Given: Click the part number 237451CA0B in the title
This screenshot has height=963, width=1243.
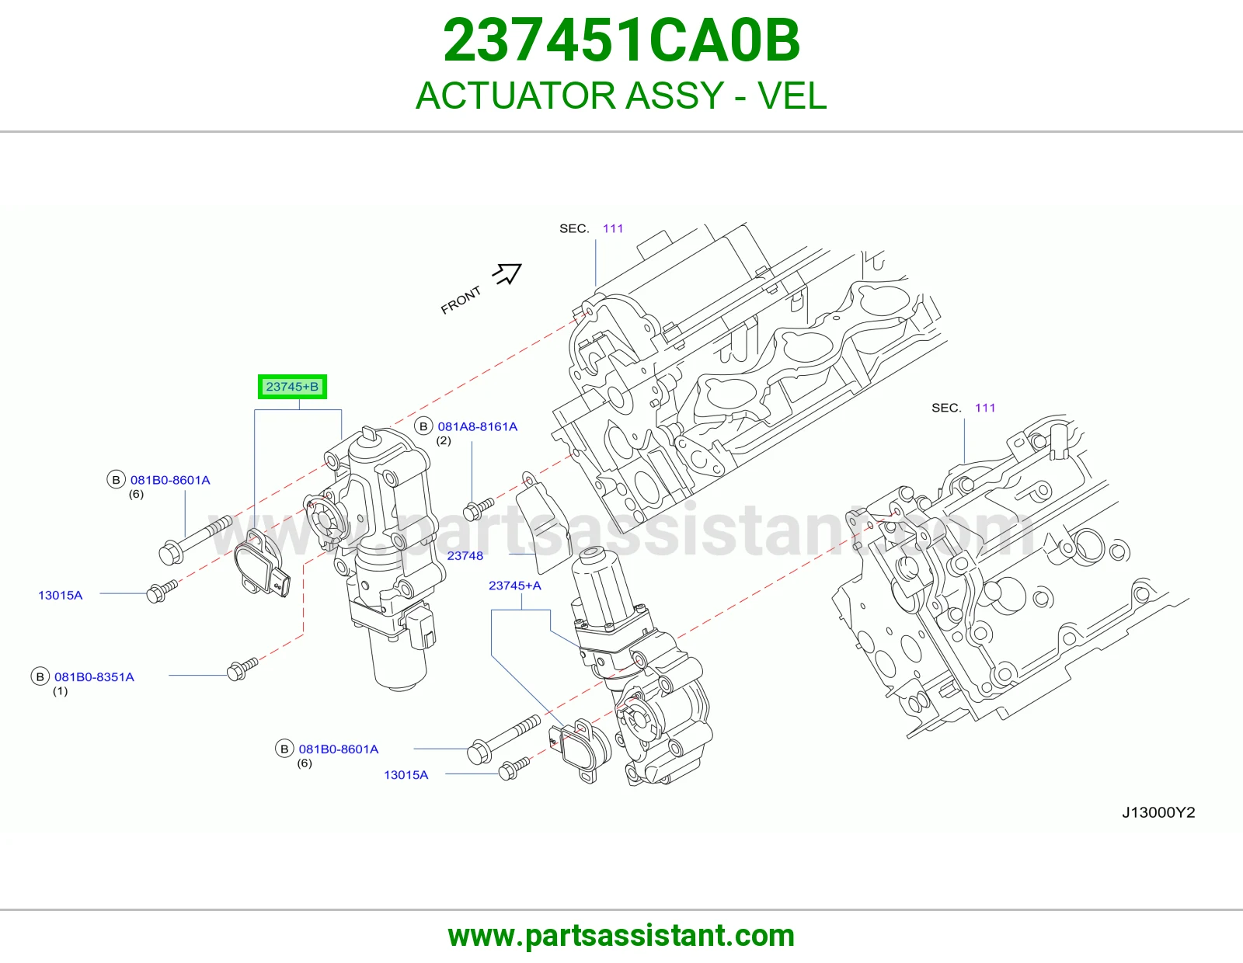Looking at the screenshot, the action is [621, 41].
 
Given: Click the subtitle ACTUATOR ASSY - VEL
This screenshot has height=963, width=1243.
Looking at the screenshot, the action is [621, 96].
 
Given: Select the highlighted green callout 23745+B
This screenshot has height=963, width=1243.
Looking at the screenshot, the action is [292, 388].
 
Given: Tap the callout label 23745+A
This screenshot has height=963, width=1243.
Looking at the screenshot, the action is [515, 586].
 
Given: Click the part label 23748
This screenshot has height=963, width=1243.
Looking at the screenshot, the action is [465, 556].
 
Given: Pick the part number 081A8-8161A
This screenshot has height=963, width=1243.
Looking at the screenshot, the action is [478, 426].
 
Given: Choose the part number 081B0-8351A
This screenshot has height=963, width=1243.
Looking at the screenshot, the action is [94, 677].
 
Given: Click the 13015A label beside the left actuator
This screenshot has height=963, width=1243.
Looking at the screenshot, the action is [60, 596].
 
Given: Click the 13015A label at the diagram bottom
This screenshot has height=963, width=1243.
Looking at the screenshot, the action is [406, 775].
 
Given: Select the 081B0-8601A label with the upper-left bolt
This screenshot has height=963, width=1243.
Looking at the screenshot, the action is [170, 481].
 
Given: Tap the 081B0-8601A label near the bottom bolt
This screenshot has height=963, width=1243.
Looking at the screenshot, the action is [339, 749].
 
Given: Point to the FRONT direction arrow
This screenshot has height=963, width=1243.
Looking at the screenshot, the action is [507, 274].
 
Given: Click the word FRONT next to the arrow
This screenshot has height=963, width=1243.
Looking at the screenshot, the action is [461, 301].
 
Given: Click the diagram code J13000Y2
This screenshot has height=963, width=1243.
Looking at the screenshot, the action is [1158, 812].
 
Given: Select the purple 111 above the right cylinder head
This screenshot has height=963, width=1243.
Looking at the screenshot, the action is [985, 408].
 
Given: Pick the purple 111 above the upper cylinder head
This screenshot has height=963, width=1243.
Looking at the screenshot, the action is [613, 229].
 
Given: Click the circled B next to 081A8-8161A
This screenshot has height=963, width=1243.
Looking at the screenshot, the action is [423, 426].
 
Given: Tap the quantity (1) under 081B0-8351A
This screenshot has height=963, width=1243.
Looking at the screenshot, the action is [60, 691].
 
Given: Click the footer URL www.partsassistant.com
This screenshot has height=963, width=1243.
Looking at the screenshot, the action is [621, 936].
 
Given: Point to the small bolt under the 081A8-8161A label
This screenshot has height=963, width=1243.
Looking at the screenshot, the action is [479, 509].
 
